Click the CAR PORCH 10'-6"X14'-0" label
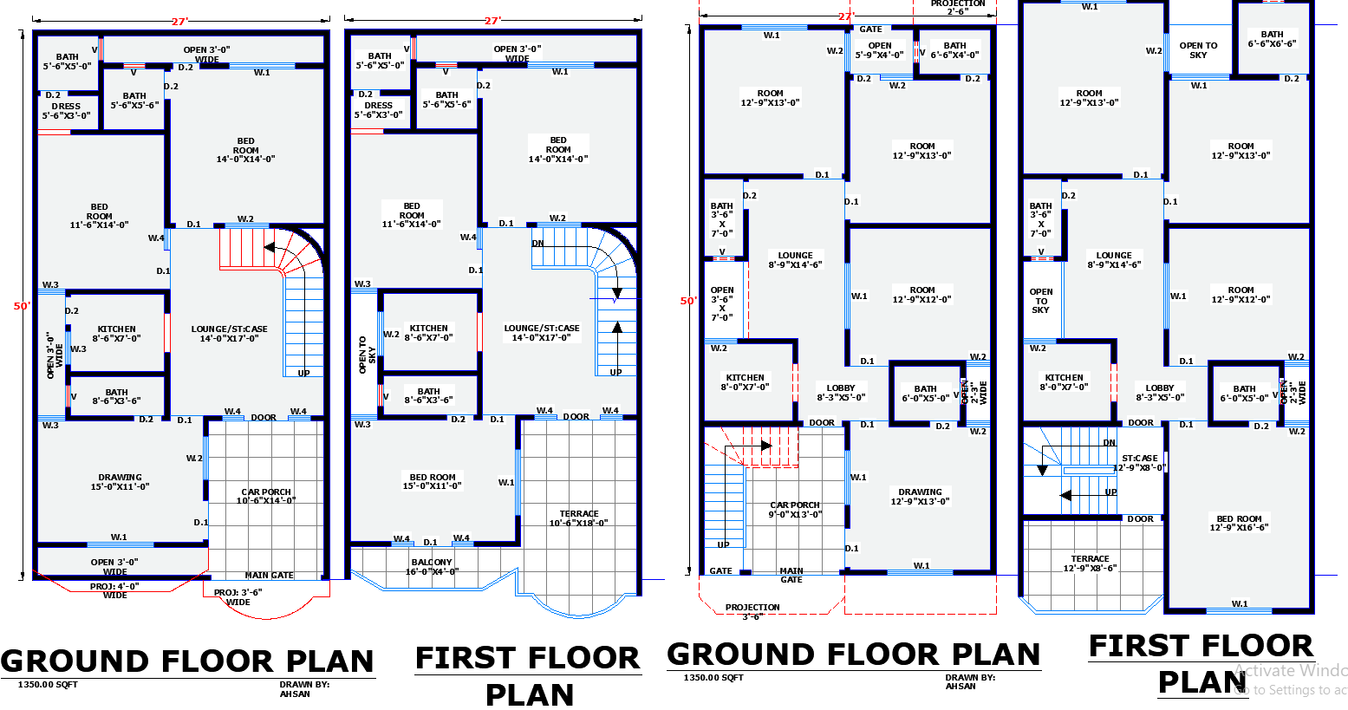coord(266,496)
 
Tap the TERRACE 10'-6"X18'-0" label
coord(578,518)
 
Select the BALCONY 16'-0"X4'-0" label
coord(432,567)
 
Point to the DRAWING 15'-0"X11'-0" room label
coord(120,482)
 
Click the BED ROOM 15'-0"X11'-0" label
coord(432,482)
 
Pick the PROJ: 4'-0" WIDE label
coord(114,591)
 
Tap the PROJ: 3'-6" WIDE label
coord(238,597)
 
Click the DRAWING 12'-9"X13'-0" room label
coord(920,497)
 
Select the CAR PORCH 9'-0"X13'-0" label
coord(795,510)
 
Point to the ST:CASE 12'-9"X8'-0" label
coord(1139,463)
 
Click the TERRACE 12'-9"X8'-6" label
coord(1090,563)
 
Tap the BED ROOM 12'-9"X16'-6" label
coord(1239,523)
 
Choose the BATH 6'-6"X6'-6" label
coord(1272,39)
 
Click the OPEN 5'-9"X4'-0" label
coord(880,50)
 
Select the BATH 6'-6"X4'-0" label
coord(954,50)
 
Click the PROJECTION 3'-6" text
coord(752,612)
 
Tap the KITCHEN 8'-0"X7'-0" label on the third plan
coord(745,382)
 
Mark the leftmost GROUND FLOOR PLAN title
coord(187,661)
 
